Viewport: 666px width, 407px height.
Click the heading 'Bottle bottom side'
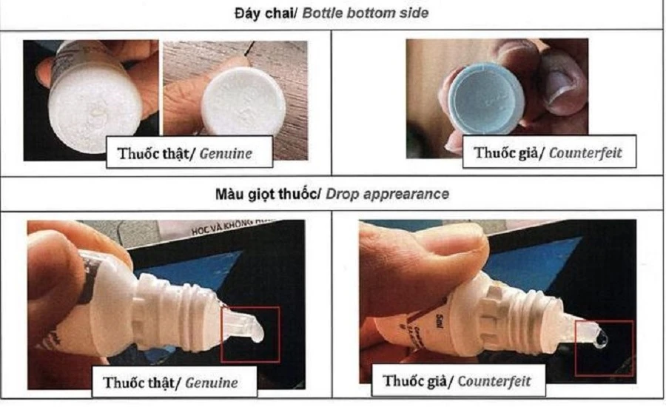click(379, 13)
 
